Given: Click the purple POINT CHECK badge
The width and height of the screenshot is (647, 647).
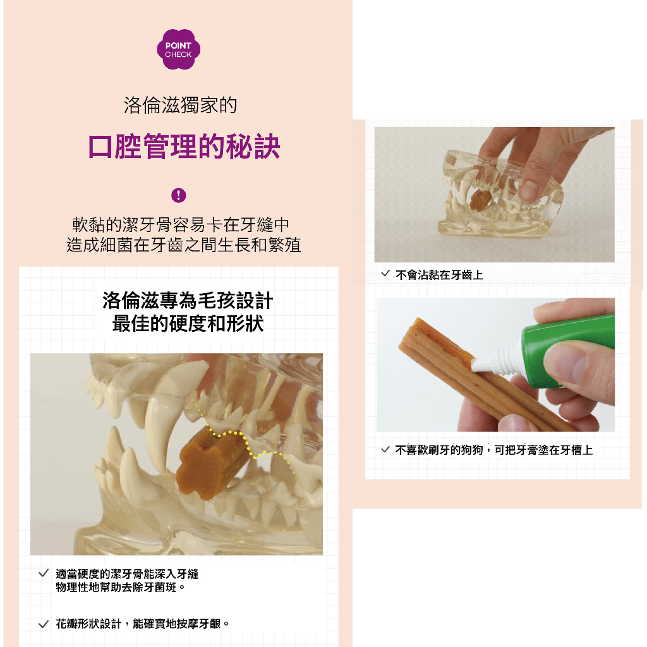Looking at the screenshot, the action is click(x=178, y=49).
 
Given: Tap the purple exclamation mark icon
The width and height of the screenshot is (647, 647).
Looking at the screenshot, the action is click(x=179, y=195).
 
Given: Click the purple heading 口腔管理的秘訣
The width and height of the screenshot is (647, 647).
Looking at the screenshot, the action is click(x=184, y=147).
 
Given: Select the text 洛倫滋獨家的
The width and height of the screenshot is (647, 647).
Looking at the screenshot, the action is click(x=180, y=106).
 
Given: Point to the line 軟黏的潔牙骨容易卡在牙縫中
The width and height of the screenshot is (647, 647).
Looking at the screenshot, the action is click(x=181, y=225).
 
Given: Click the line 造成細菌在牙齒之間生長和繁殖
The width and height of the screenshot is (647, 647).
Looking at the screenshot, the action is click(x=184, y=245).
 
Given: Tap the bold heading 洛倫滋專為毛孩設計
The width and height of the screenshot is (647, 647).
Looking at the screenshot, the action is click(x=188, y=300).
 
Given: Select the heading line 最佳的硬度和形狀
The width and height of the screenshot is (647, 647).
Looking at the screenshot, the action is click(x=188, y=323).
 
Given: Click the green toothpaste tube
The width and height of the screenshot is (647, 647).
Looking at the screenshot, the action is click(x=567, y=351).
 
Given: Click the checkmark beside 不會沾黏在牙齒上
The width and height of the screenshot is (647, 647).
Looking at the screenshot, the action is click(x=385, y=274).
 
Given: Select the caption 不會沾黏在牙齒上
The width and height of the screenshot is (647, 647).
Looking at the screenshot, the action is click(x=439, y=275).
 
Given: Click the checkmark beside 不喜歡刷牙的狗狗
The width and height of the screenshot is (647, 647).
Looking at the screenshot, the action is click(x=385, y=449).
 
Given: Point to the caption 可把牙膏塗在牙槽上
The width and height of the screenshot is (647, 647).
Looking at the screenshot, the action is click(x=543, y=450).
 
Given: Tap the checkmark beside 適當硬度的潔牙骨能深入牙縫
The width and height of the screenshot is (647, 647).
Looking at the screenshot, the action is click(x=44, y=573).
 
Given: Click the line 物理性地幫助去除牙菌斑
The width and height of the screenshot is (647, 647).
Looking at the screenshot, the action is click(x=121, y=587).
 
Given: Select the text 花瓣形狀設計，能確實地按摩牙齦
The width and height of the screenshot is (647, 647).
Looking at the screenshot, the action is click(x=142, y=624).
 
